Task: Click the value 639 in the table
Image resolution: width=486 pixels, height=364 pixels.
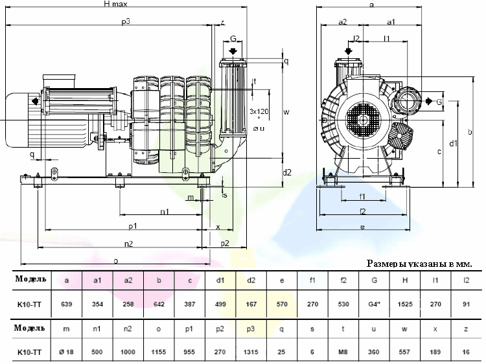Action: [x=66, y=304]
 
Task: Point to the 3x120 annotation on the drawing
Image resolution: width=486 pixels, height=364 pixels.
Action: [x=259, y=111]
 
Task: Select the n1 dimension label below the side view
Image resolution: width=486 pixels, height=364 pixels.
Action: [x=165, y=212]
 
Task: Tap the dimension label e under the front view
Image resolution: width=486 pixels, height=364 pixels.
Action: [x=362, y=227]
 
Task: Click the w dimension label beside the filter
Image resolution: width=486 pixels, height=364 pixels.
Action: [x=286, y=111]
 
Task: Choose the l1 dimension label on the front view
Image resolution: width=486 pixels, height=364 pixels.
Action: [x=387, y=39]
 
